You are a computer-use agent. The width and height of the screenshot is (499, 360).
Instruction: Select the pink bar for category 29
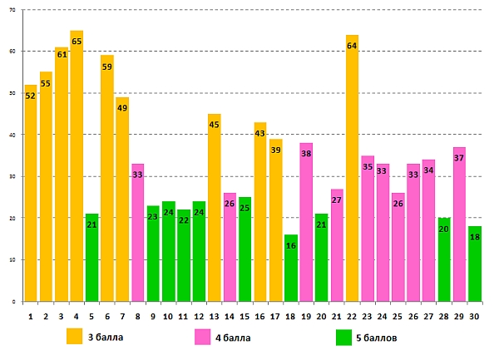459,231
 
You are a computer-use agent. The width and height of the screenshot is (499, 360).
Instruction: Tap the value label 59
107,67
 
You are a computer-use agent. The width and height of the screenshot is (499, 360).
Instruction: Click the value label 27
337,200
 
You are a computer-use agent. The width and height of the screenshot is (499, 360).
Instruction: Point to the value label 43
259,134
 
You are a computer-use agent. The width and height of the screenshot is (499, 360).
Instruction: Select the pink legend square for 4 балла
202,337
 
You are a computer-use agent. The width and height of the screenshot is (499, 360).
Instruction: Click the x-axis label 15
245,316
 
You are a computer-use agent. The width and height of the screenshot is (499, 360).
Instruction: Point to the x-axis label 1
30,316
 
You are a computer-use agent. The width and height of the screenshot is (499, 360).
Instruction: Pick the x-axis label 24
383,316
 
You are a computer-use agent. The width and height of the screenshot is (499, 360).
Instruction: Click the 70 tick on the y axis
12,10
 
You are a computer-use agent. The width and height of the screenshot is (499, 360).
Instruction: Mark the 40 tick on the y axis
12,135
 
